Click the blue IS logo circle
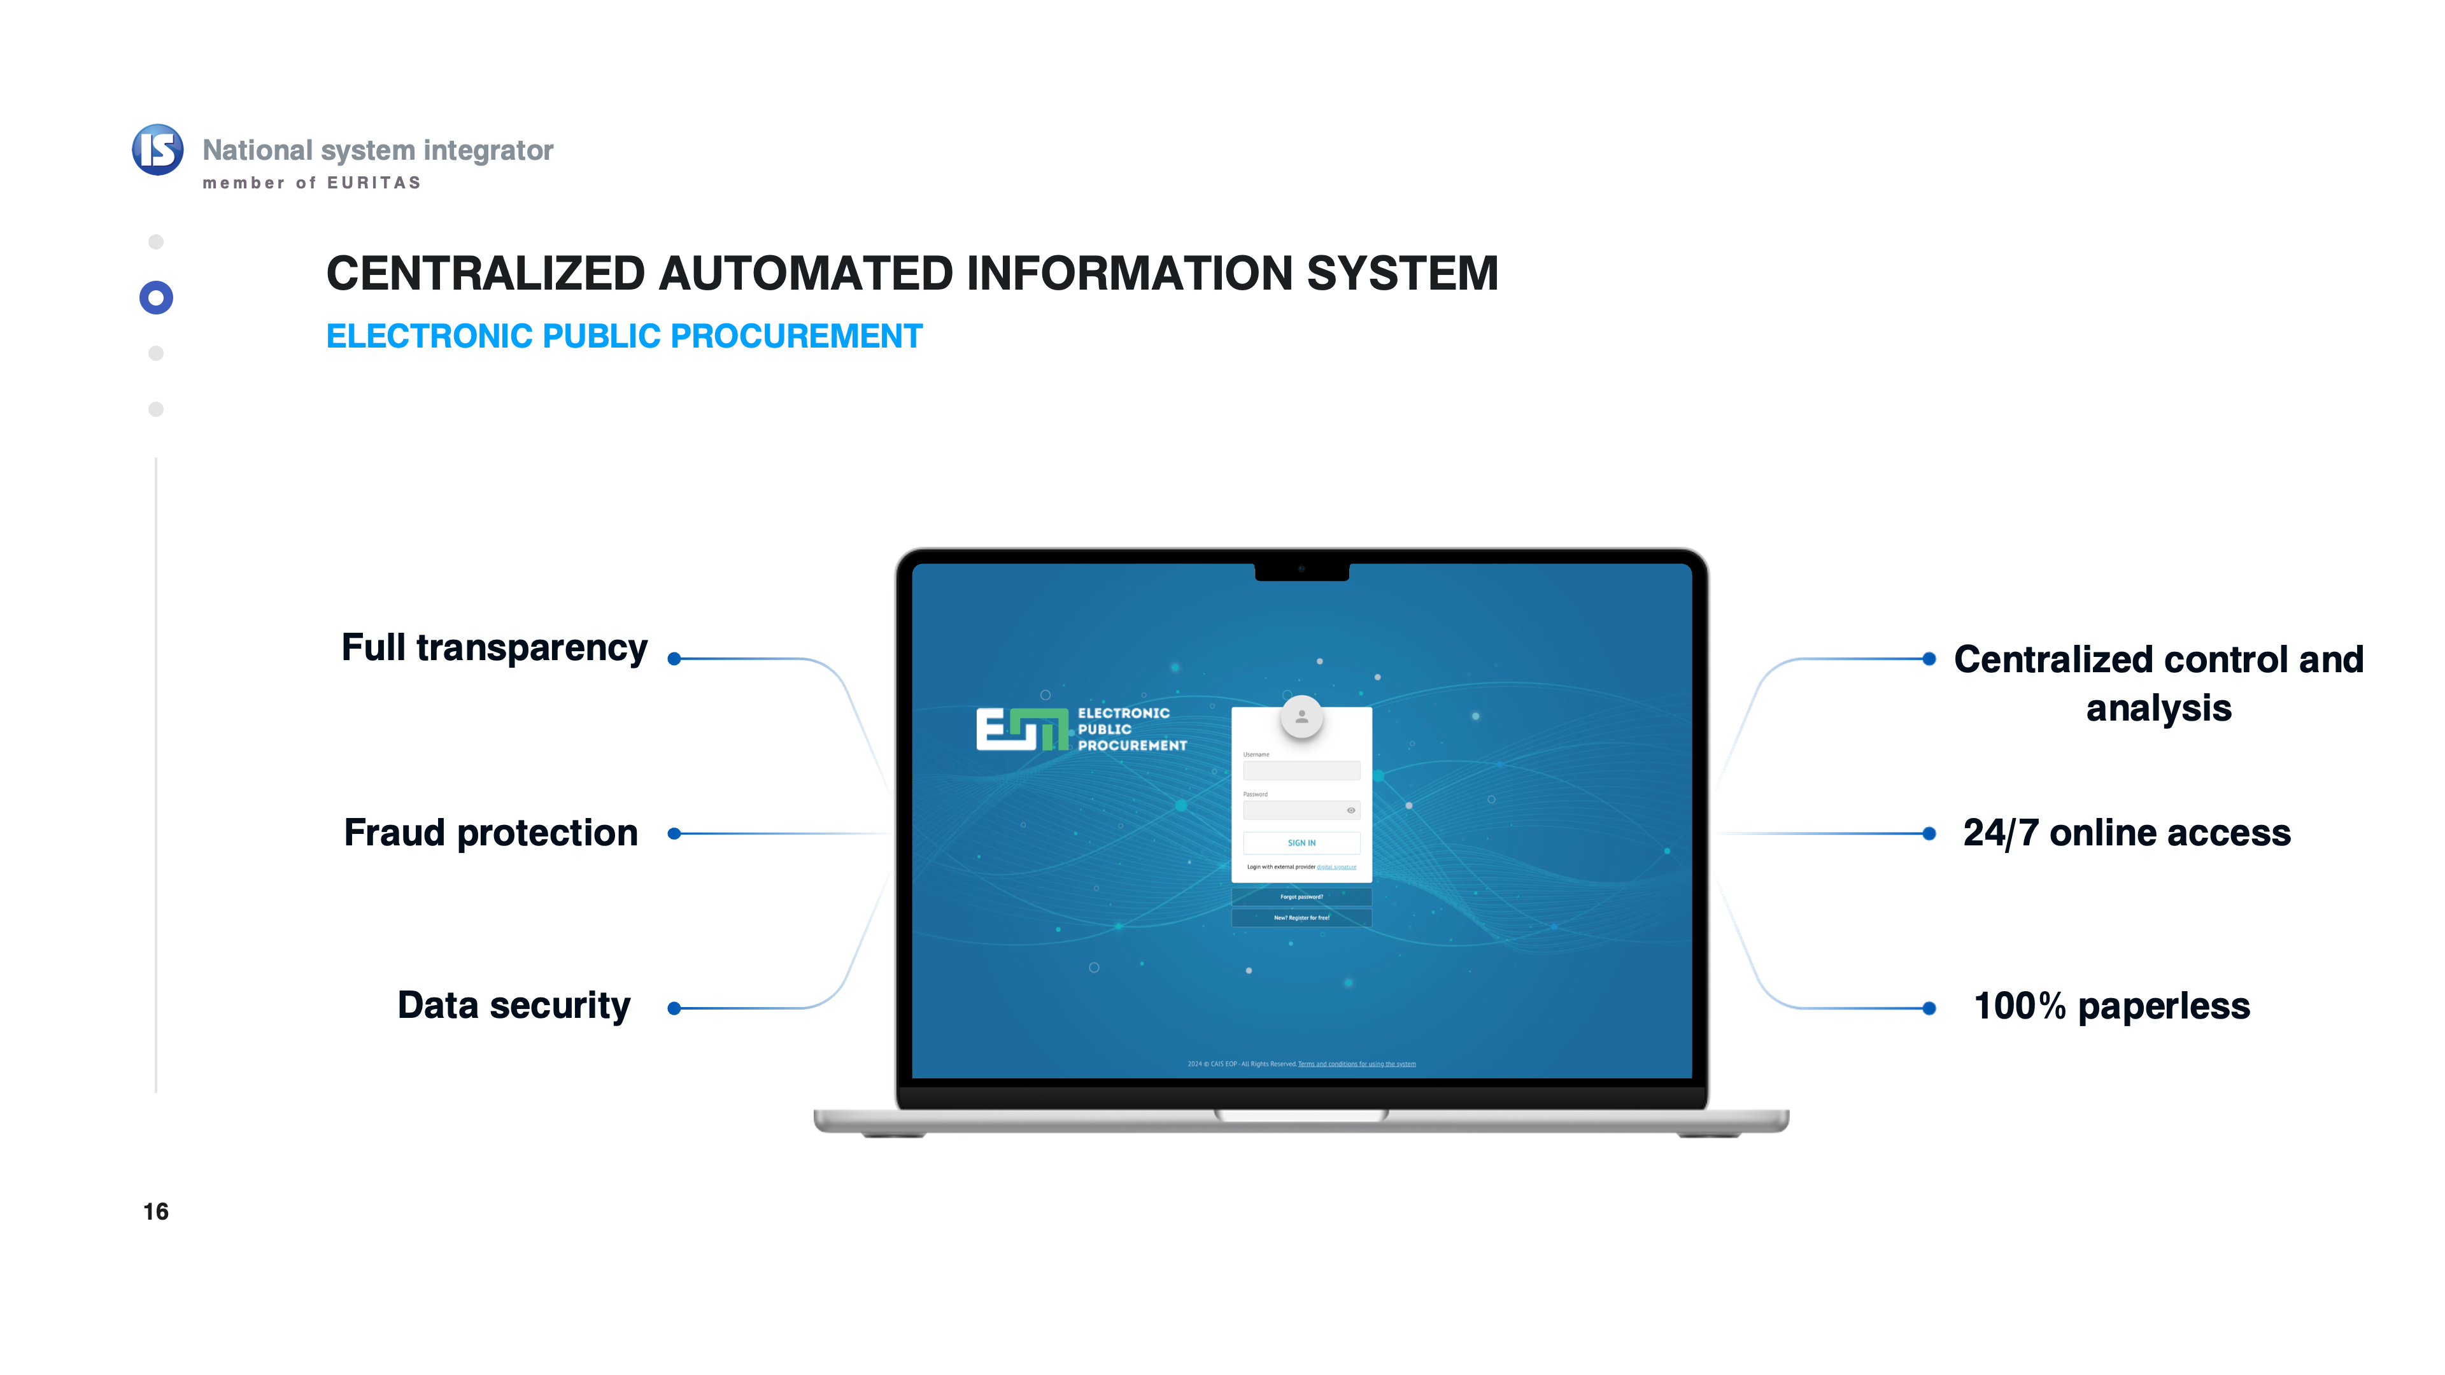point(157,150)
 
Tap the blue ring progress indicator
point(155,298)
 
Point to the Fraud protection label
point(491,833)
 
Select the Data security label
point(513,1006)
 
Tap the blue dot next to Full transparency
point(674,659)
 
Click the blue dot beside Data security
point(674,1009)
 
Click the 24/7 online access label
point(2126,833)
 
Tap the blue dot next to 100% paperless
point(1929,1009)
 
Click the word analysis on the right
point(2158,709)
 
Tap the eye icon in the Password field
point(1350,810)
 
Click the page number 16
point(155,1212)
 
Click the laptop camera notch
point(1301,571)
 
